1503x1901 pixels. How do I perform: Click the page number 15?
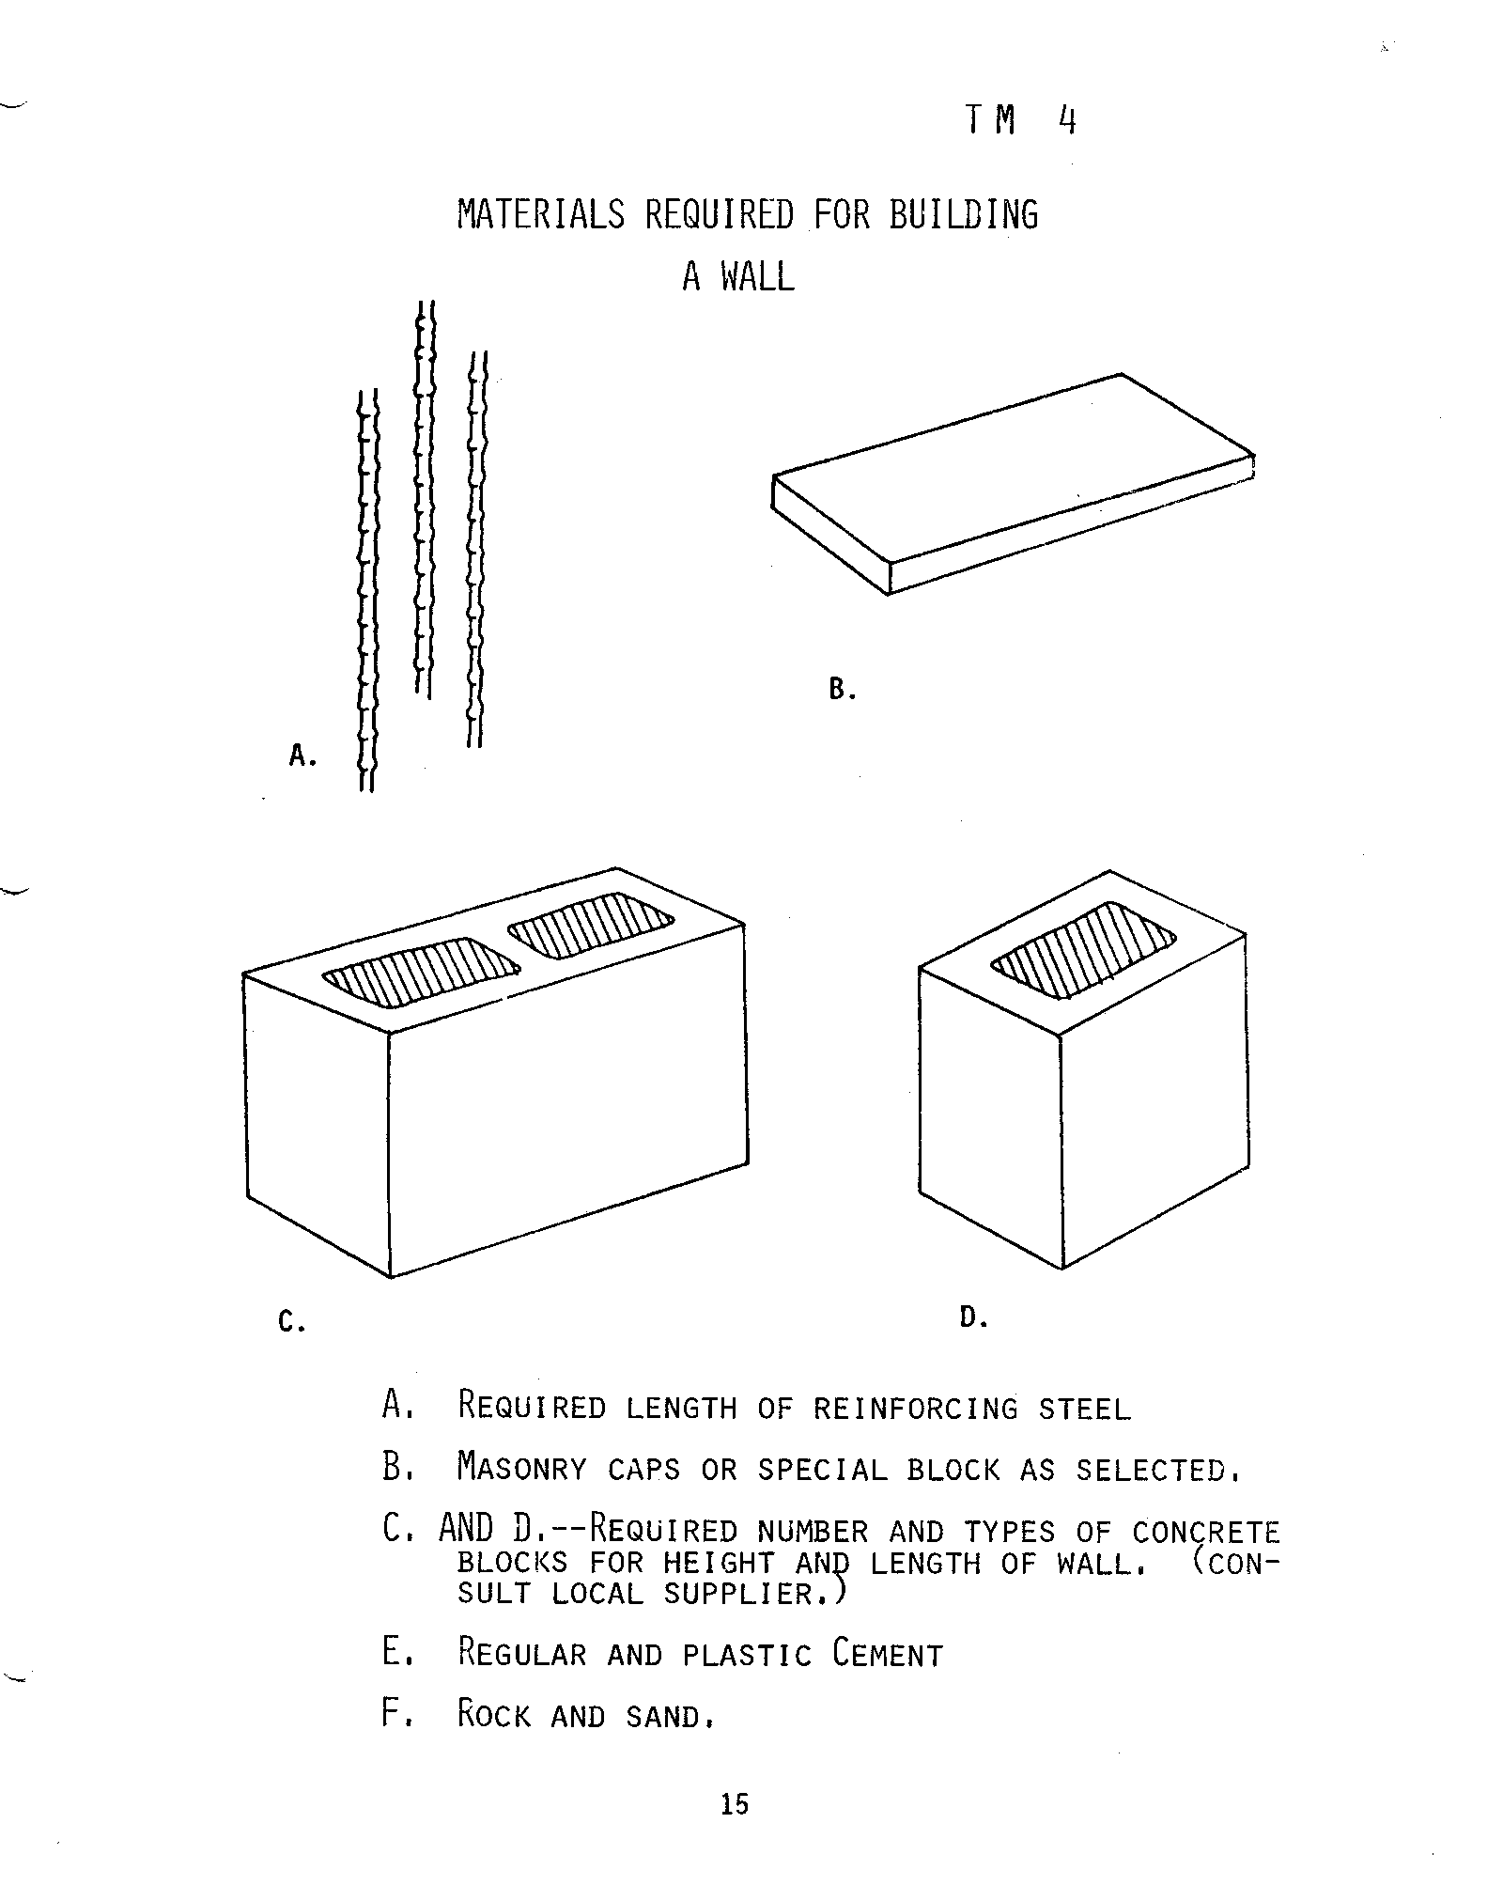[x=735, y=1803]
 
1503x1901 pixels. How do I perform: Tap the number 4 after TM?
[x=1065, y=120]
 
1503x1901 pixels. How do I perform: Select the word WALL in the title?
[x=757, y=276]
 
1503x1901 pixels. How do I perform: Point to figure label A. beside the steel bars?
[x=302, y=755]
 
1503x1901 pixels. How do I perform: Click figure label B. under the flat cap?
[x=842, y=691]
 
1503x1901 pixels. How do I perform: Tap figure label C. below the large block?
[x=291, y=1322]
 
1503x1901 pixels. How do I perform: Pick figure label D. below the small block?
[x=973, y=1317]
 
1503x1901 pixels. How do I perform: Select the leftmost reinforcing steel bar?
[x=368, y=590]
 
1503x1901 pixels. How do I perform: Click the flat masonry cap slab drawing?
[x=1014, y=483]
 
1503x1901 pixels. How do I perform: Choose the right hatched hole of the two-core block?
[x=591, y=925]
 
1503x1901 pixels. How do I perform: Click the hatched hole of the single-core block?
[x=1084, y=949]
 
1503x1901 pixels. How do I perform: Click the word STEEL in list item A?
[x=1085, y=1409]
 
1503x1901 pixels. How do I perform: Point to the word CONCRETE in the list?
[x=1206, y=1533]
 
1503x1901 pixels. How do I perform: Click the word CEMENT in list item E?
[x=888, y=1653]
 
